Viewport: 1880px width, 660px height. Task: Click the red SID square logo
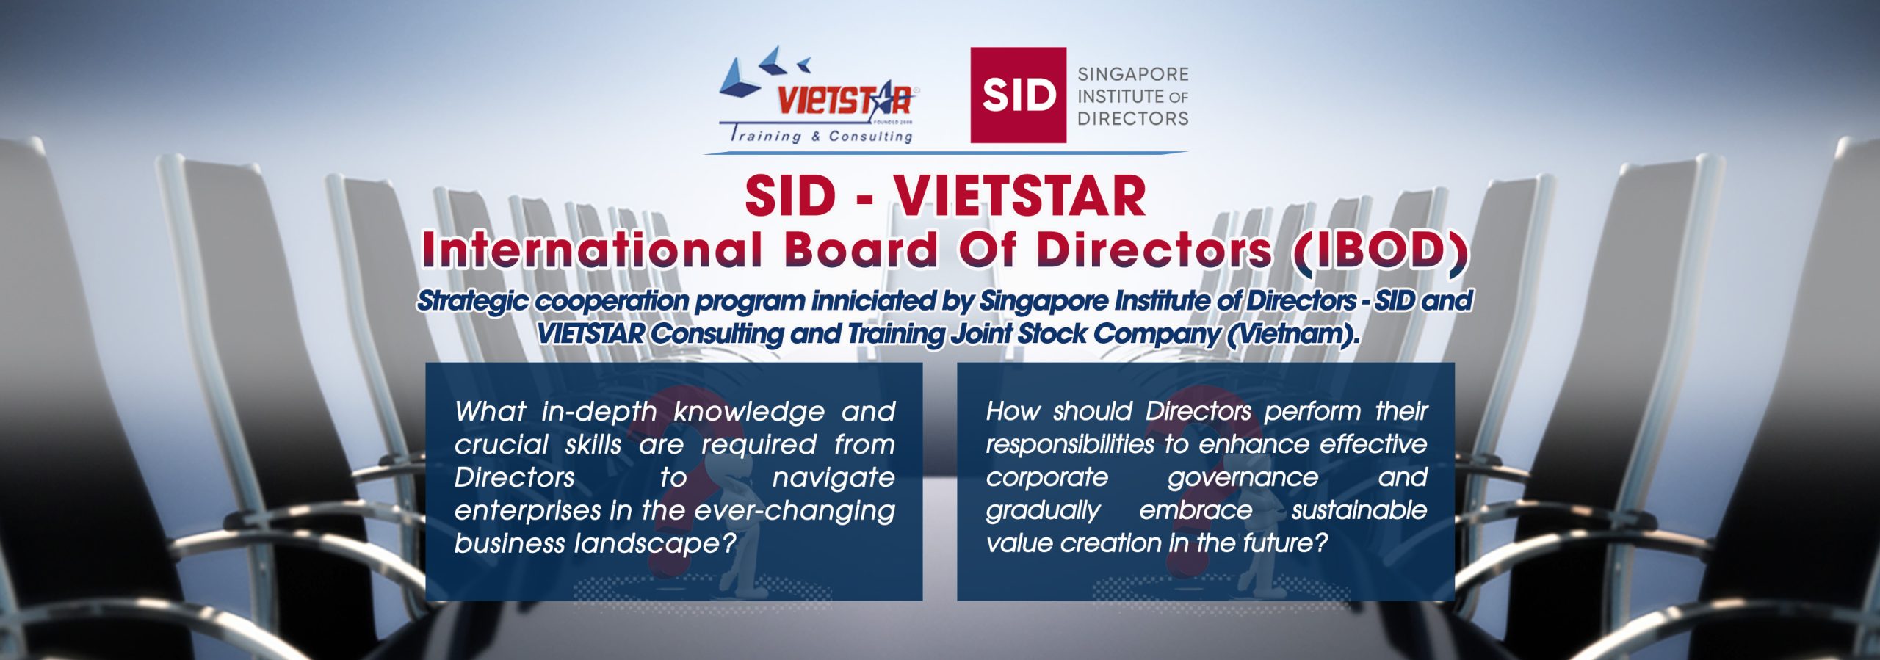click(x=1018, y=95)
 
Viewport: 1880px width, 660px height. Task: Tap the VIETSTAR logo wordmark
click(x=845, y=101)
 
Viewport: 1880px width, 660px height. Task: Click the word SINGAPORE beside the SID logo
click(x=1132, y=74)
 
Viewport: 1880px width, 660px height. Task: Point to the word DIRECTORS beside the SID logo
click(x=1132, y=118)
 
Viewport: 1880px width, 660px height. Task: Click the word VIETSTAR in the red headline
click(x=1019, y=196)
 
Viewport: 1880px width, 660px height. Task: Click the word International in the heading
click(x=592, y=250)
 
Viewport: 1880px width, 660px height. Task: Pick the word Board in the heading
click(x=861, y=250)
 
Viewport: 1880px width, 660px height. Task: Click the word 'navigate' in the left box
click(x=834, y=478)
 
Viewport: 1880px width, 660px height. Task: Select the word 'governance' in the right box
click(x=1243, y=478)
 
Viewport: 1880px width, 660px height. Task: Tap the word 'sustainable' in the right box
click(x=1359, y=510)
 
